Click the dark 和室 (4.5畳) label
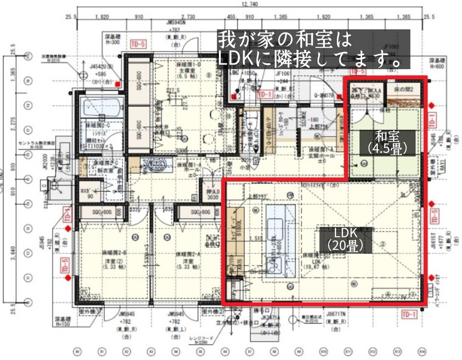[x=388, y=143]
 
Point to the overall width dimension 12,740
[x=250, y=4]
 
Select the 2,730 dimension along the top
[x=188, y=17]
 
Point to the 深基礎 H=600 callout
[x=439, y=63]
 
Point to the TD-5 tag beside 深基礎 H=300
[x=138, y=43]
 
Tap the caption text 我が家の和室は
[x=285, y=39]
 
